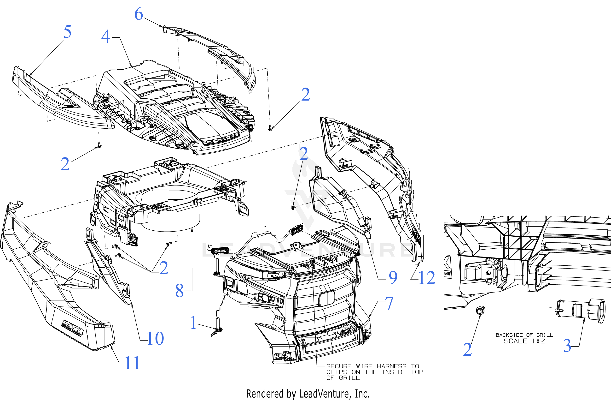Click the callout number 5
coord(67,32)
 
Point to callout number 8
coord(179,291)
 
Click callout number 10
coord(155,338)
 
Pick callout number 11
coord(132,363)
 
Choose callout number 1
coord(193,323)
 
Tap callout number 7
coord(389,303)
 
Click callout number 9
coord(393,278)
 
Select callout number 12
coord(427,278)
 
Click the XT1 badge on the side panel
coord(73,328)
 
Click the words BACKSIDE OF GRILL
coord(524,335)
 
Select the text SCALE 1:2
coord(524,341)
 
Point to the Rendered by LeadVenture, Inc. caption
coord(308,394)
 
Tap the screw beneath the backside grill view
coord(480,310)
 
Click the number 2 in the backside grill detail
coord(467,349)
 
